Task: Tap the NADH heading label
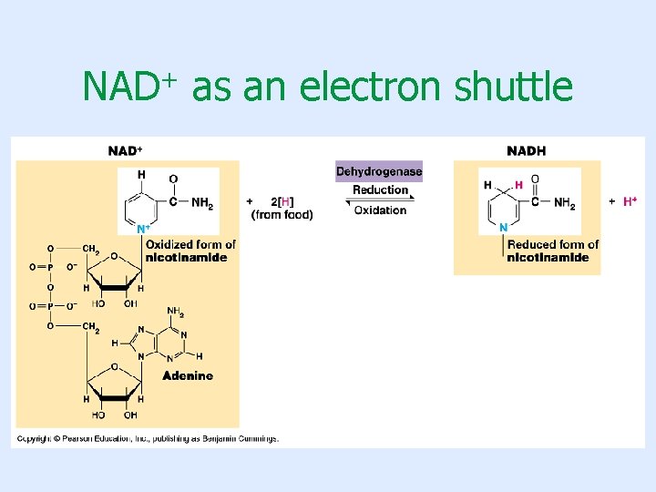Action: [526, 150]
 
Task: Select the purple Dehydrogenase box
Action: [379, 171]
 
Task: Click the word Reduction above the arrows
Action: [380, 190]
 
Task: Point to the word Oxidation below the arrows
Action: [380, 210]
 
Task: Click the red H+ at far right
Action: [630, 201]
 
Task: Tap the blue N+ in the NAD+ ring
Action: [143, 230]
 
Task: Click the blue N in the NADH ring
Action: [503, 227]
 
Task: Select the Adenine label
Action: [188, 375]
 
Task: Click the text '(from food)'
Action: [282, 214]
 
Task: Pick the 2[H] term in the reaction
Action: [282, 201]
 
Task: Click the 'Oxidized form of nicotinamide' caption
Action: [190, 251]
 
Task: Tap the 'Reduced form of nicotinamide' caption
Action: [553, 251]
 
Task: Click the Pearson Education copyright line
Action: [146, 438]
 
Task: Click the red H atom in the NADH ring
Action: [518, 185]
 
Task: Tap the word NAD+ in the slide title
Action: [128, 87]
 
